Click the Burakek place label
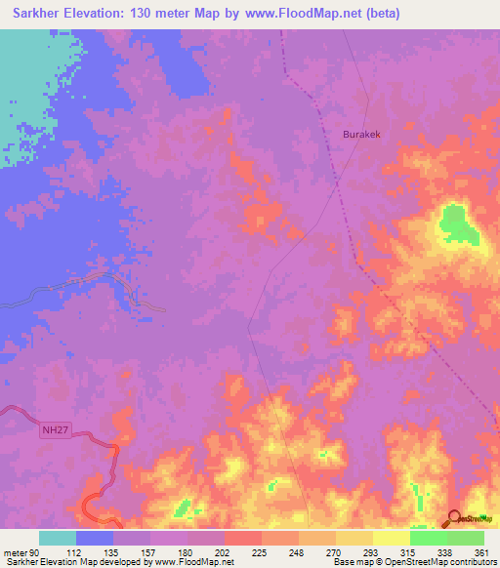(360, 135)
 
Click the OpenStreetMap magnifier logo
(456, 518)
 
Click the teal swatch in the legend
(58, 538)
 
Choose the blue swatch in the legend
(95, 538)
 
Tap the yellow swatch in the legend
(391, 538)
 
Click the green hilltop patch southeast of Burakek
(456, 223)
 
